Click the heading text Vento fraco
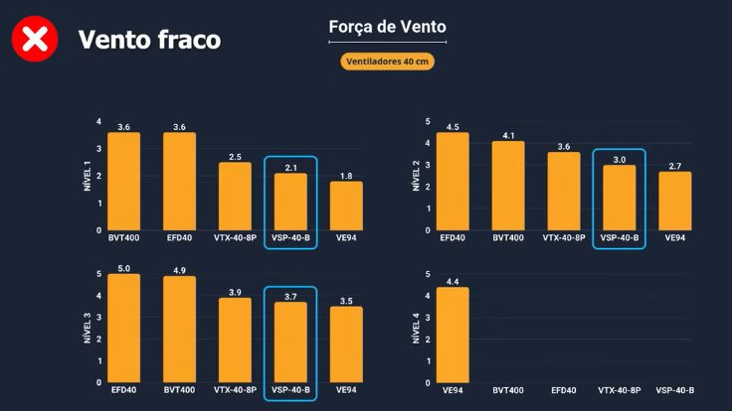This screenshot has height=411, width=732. pos(149,40)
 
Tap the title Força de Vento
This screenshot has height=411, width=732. pos(387,27)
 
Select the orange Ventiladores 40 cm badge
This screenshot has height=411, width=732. pos(387,62)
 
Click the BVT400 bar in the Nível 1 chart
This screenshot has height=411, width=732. pos(123,182)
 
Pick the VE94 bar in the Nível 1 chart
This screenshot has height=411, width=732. pos(346,205)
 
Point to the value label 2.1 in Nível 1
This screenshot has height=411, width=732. pos(290,167)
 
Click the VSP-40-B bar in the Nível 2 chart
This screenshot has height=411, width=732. pos(619,198)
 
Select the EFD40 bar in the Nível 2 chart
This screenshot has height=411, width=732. pos(453,182)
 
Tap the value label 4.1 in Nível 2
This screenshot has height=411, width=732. pos(508,135)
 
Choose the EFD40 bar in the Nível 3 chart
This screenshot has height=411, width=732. pos(123,328)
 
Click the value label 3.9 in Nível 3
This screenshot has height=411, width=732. pos(235,292)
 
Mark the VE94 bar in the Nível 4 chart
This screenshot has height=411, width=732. pos(453,335)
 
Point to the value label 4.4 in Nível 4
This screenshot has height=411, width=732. pos(453,281)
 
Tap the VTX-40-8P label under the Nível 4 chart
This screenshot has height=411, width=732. pos(619,390)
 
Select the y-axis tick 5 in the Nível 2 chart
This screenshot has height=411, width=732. pos(427,122)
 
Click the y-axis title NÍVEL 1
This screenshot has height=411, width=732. pos(86,176)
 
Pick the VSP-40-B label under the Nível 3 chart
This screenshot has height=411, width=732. pos(290,390)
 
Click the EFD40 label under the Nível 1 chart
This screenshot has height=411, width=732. pos(179,238)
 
